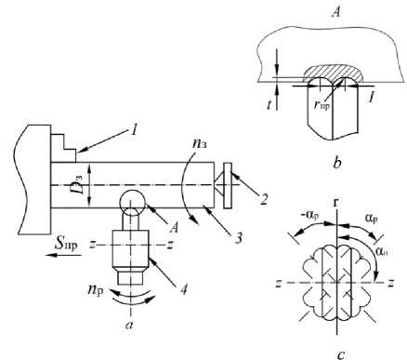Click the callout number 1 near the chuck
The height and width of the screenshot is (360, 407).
[134, 130]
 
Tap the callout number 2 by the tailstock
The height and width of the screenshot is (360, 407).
[264, 199]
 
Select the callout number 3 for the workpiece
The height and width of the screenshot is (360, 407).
[238, 239]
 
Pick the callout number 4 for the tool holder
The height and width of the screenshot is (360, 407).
[184, 289]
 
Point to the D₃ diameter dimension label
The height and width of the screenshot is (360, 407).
[80, 185]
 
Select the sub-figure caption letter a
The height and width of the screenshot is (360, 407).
[129, 325]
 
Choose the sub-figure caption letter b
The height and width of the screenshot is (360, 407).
[336, 163]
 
